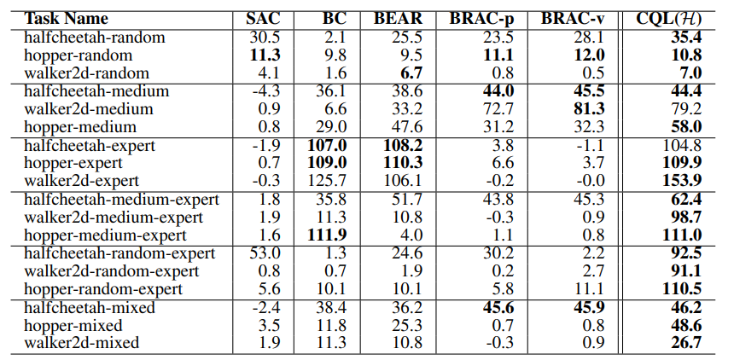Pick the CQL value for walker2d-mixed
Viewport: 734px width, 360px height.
coord(684,343)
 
